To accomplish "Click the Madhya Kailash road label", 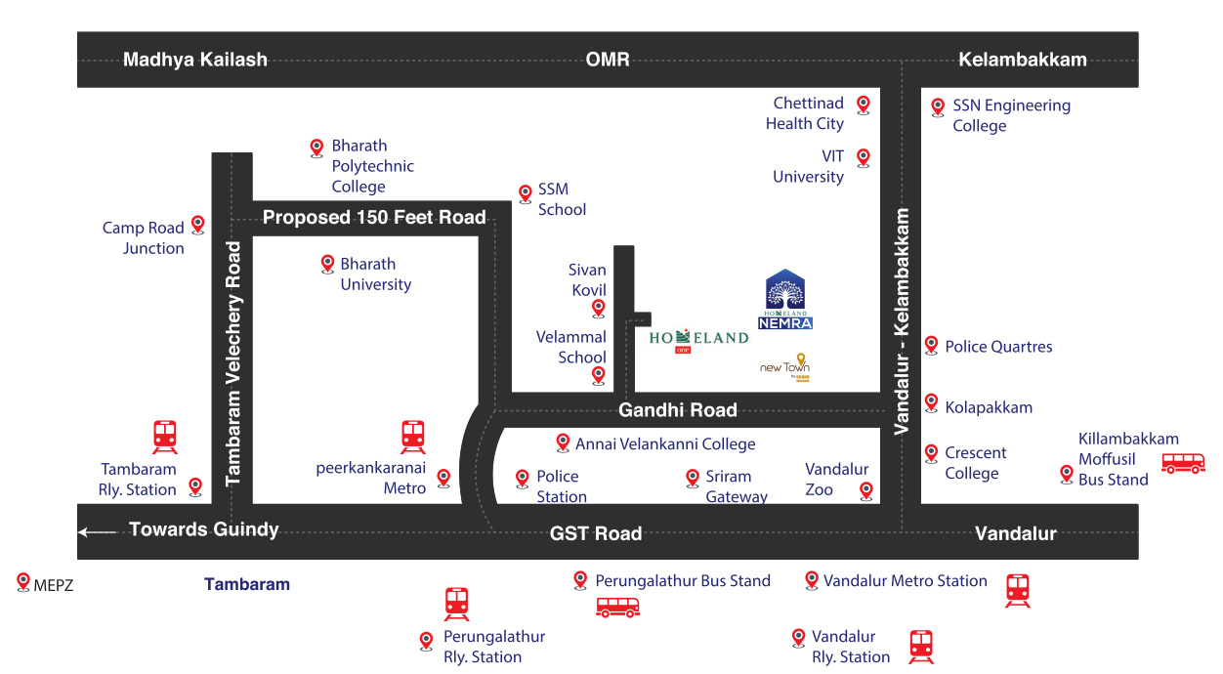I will point(194,60).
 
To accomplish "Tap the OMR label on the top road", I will point(607,60).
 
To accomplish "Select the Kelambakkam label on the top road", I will point(1022,60).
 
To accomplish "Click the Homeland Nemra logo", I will point(785,299).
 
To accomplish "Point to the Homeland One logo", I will point(698,337).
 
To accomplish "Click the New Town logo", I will point(786,367).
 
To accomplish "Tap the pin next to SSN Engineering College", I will point(938,106).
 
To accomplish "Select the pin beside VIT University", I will point(863,156).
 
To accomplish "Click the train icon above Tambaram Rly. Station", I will point(164,437).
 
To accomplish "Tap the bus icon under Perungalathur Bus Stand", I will point(617,608).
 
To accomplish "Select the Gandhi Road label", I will point(677,409).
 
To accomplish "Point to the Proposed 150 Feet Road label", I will point(374,217).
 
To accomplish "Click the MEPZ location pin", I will point(23,581).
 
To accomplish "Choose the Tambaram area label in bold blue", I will point(246,584).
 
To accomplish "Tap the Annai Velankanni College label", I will point(665,444).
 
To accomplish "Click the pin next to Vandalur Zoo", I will point(865,489).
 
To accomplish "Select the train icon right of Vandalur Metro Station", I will point(1017,590).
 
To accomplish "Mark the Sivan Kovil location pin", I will point(599,309).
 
